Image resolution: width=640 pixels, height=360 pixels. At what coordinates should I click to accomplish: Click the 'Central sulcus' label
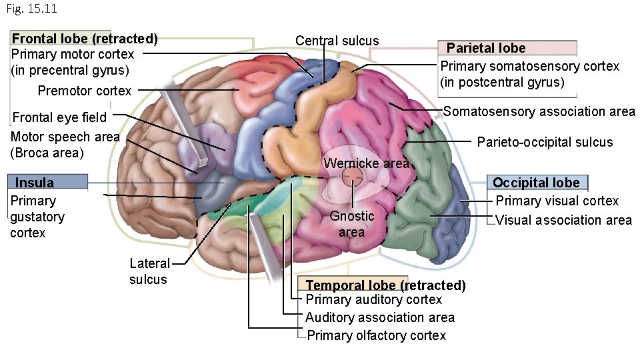point(337,41)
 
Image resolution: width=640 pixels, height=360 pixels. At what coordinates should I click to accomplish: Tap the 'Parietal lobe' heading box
point(486,48)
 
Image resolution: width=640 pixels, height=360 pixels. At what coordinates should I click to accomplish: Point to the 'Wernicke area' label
point(366,163)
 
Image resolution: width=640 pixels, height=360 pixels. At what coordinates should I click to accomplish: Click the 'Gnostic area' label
point(351,224)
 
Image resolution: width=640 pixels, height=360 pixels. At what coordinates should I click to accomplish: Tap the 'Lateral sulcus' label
point(149,271)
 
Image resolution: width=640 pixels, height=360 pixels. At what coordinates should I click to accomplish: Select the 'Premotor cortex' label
point(85,91)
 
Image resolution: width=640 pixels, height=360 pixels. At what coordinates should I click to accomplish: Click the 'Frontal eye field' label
point(60,117)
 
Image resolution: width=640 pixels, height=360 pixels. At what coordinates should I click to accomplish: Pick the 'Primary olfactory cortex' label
point(376,335)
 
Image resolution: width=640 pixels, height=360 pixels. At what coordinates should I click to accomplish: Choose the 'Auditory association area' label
point(379,317)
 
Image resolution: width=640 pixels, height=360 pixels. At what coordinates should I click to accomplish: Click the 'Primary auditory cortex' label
point(373,299)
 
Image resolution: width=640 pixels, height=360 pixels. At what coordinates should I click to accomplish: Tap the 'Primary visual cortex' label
point(557,201)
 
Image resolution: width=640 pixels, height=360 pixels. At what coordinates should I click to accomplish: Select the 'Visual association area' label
point(563,220)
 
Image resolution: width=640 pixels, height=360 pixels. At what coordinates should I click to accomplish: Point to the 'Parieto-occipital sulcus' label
point(545,141)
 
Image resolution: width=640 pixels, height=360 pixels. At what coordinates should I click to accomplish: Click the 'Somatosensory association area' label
point(539,111)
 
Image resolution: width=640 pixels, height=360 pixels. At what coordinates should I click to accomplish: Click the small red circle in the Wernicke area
point(352,177)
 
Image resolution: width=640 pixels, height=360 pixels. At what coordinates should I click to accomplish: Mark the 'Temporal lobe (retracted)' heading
point(385,285)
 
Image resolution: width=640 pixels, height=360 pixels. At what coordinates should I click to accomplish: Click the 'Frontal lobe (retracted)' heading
point(85,39)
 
